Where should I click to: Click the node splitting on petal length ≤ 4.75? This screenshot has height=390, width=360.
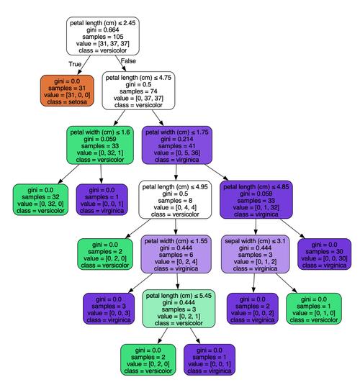[140, 90]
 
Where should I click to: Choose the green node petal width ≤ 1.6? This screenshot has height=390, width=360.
[101, 145]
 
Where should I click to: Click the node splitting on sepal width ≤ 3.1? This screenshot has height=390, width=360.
[256, 255]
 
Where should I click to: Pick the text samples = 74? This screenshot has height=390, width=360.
[140, 91]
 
